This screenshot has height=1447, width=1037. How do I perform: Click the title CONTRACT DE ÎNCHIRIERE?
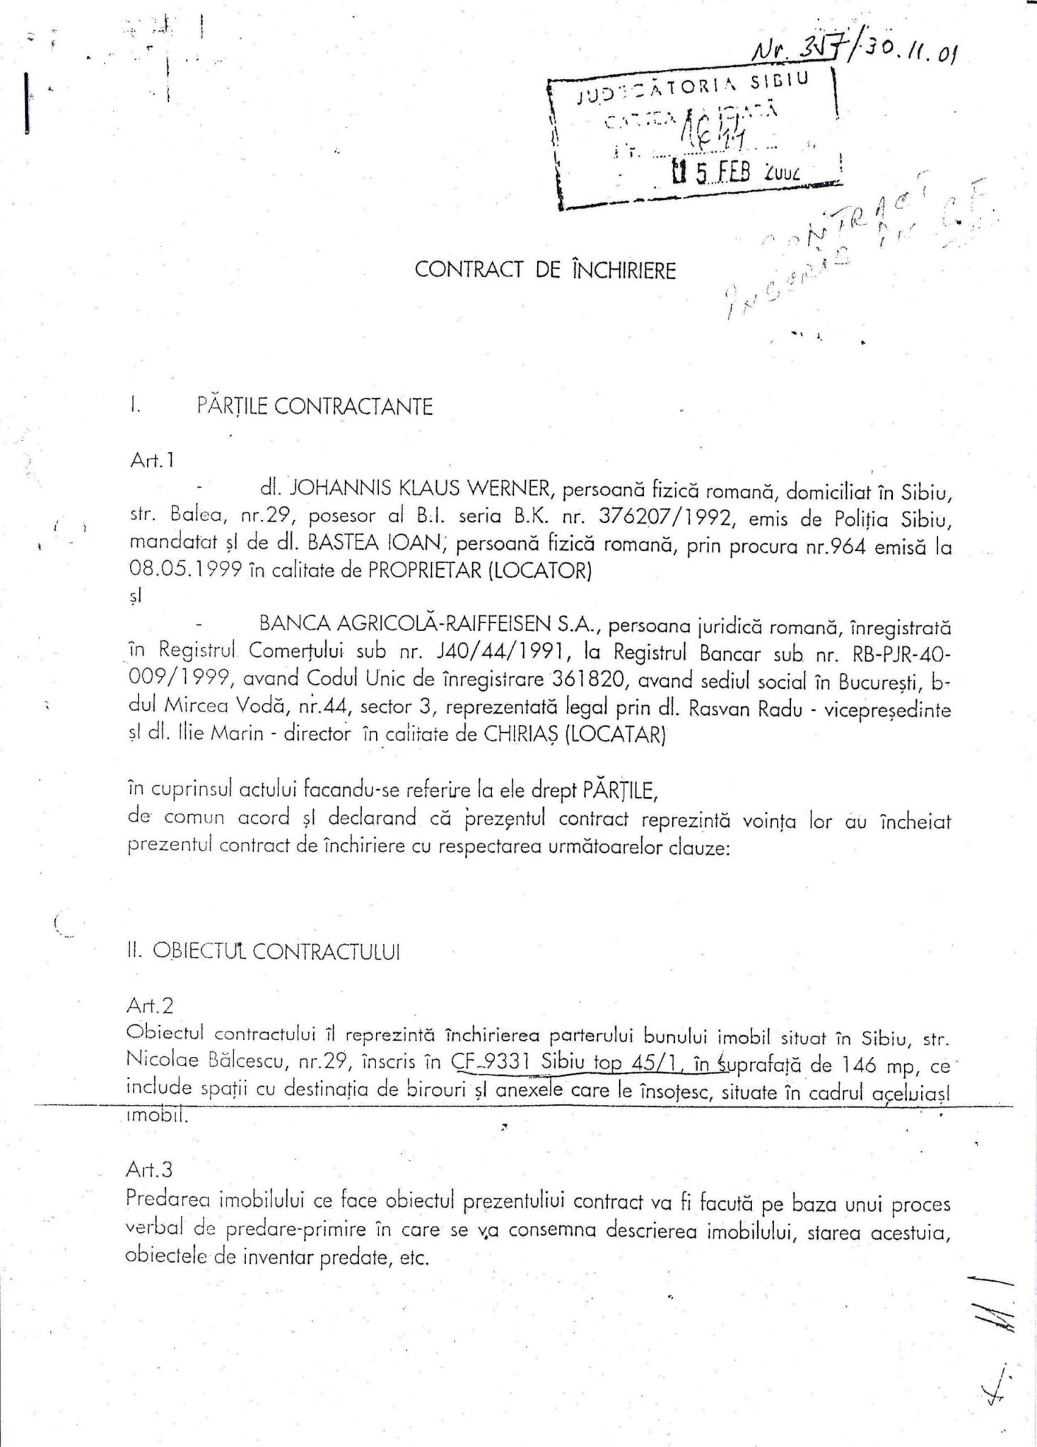tap(545, 271)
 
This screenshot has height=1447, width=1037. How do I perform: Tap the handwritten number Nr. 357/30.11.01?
tap(853, 51)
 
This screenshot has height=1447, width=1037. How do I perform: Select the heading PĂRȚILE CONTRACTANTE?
tap(315, 407)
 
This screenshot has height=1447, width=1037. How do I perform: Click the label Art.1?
tap(152, 461)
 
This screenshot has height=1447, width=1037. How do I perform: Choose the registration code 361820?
tap(602, 680)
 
